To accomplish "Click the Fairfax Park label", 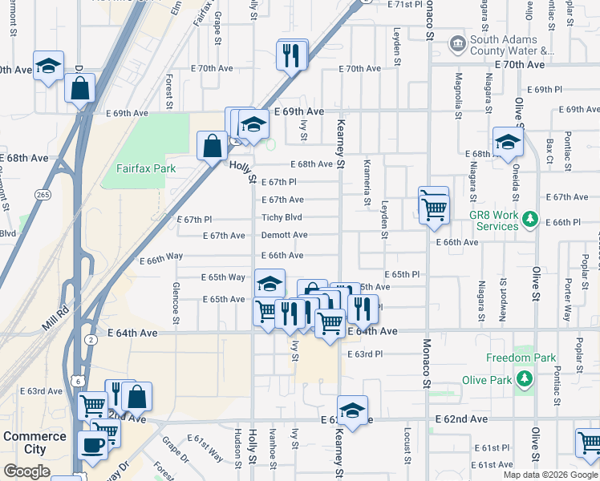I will pos(145,169).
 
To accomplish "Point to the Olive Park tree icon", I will pos(526,377).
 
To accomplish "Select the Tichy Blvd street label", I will pos(282,217).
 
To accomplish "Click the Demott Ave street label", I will pos(284,236).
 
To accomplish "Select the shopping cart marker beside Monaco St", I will pos(434,208).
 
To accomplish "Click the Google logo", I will pos(26,471).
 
